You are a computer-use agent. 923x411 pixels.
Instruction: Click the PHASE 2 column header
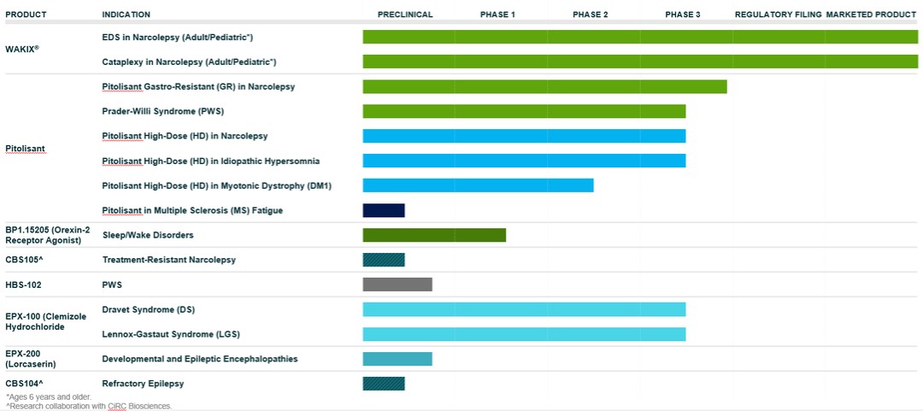click(x=590, y=15)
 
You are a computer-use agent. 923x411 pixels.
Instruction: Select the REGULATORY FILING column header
click(x=778, y=15)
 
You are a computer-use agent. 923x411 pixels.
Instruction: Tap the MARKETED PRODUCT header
click(x=872, y=15)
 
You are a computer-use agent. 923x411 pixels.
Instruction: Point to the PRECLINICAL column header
click(x=405, y=15)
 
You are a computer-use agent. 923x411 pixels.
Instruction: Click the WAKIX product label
click(x=22, y=49)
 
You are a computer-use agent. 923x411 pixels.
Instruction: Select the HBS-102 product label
click(x=24, y=285)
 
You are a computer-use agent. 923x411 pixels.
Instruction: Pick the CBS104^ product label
click(x=24, y=384)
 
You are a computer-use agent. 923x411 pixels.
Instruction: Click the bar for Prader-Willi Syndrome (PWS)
click(x=524, y=111)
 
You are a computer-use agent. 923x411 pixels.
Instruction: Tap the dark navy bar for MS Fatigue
click(x=384, y=210)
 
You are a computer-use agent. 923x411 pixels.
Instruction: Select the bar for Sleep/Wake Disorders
click(x=434, y=235)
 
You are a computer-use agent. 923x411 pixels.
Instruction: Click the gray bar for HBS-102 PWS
click(x=397, y=285)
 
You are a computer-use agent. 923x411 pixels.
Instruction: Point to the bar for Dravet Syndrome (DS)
click(x=524, y=309)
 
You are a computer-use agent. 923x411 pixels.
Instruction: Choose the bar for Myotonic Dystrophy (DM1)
click(x=478, y=185)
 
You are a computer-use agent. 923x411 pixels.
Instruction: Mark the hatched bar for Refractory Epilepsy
click(x=384, y=384)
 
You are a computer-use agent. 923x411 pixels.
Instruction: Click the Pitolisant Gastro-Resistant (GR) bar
click(x=544, y=86)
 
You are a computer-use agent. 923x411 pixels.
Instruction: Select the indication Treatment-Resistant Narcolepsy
click(x=168, y=260)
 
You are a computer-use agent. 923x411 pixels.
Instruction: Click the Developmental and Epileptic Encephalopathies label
click(x=200, y=359)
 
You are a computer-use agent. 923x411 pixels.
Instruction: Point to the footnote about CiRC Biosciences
click(x=89, y=406)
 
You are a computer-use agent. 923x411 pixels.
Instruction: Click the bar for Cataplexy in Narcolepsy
click(x=640, y=62)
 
